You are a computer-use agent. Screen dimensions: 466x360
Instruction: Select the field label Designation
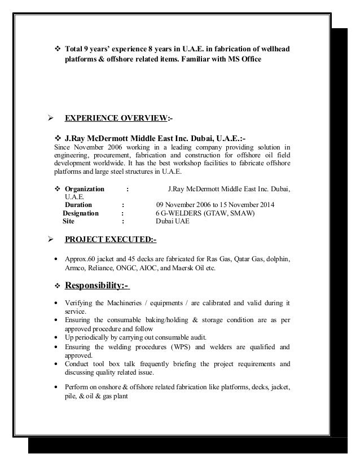81,213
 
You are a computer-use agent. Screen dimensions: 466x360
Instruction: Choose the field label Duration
79,204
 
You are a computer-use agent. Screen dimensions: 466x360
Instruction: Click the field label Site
68,222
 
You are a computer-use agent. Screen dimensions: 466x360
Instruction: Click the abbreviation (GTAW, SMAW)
230,213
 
